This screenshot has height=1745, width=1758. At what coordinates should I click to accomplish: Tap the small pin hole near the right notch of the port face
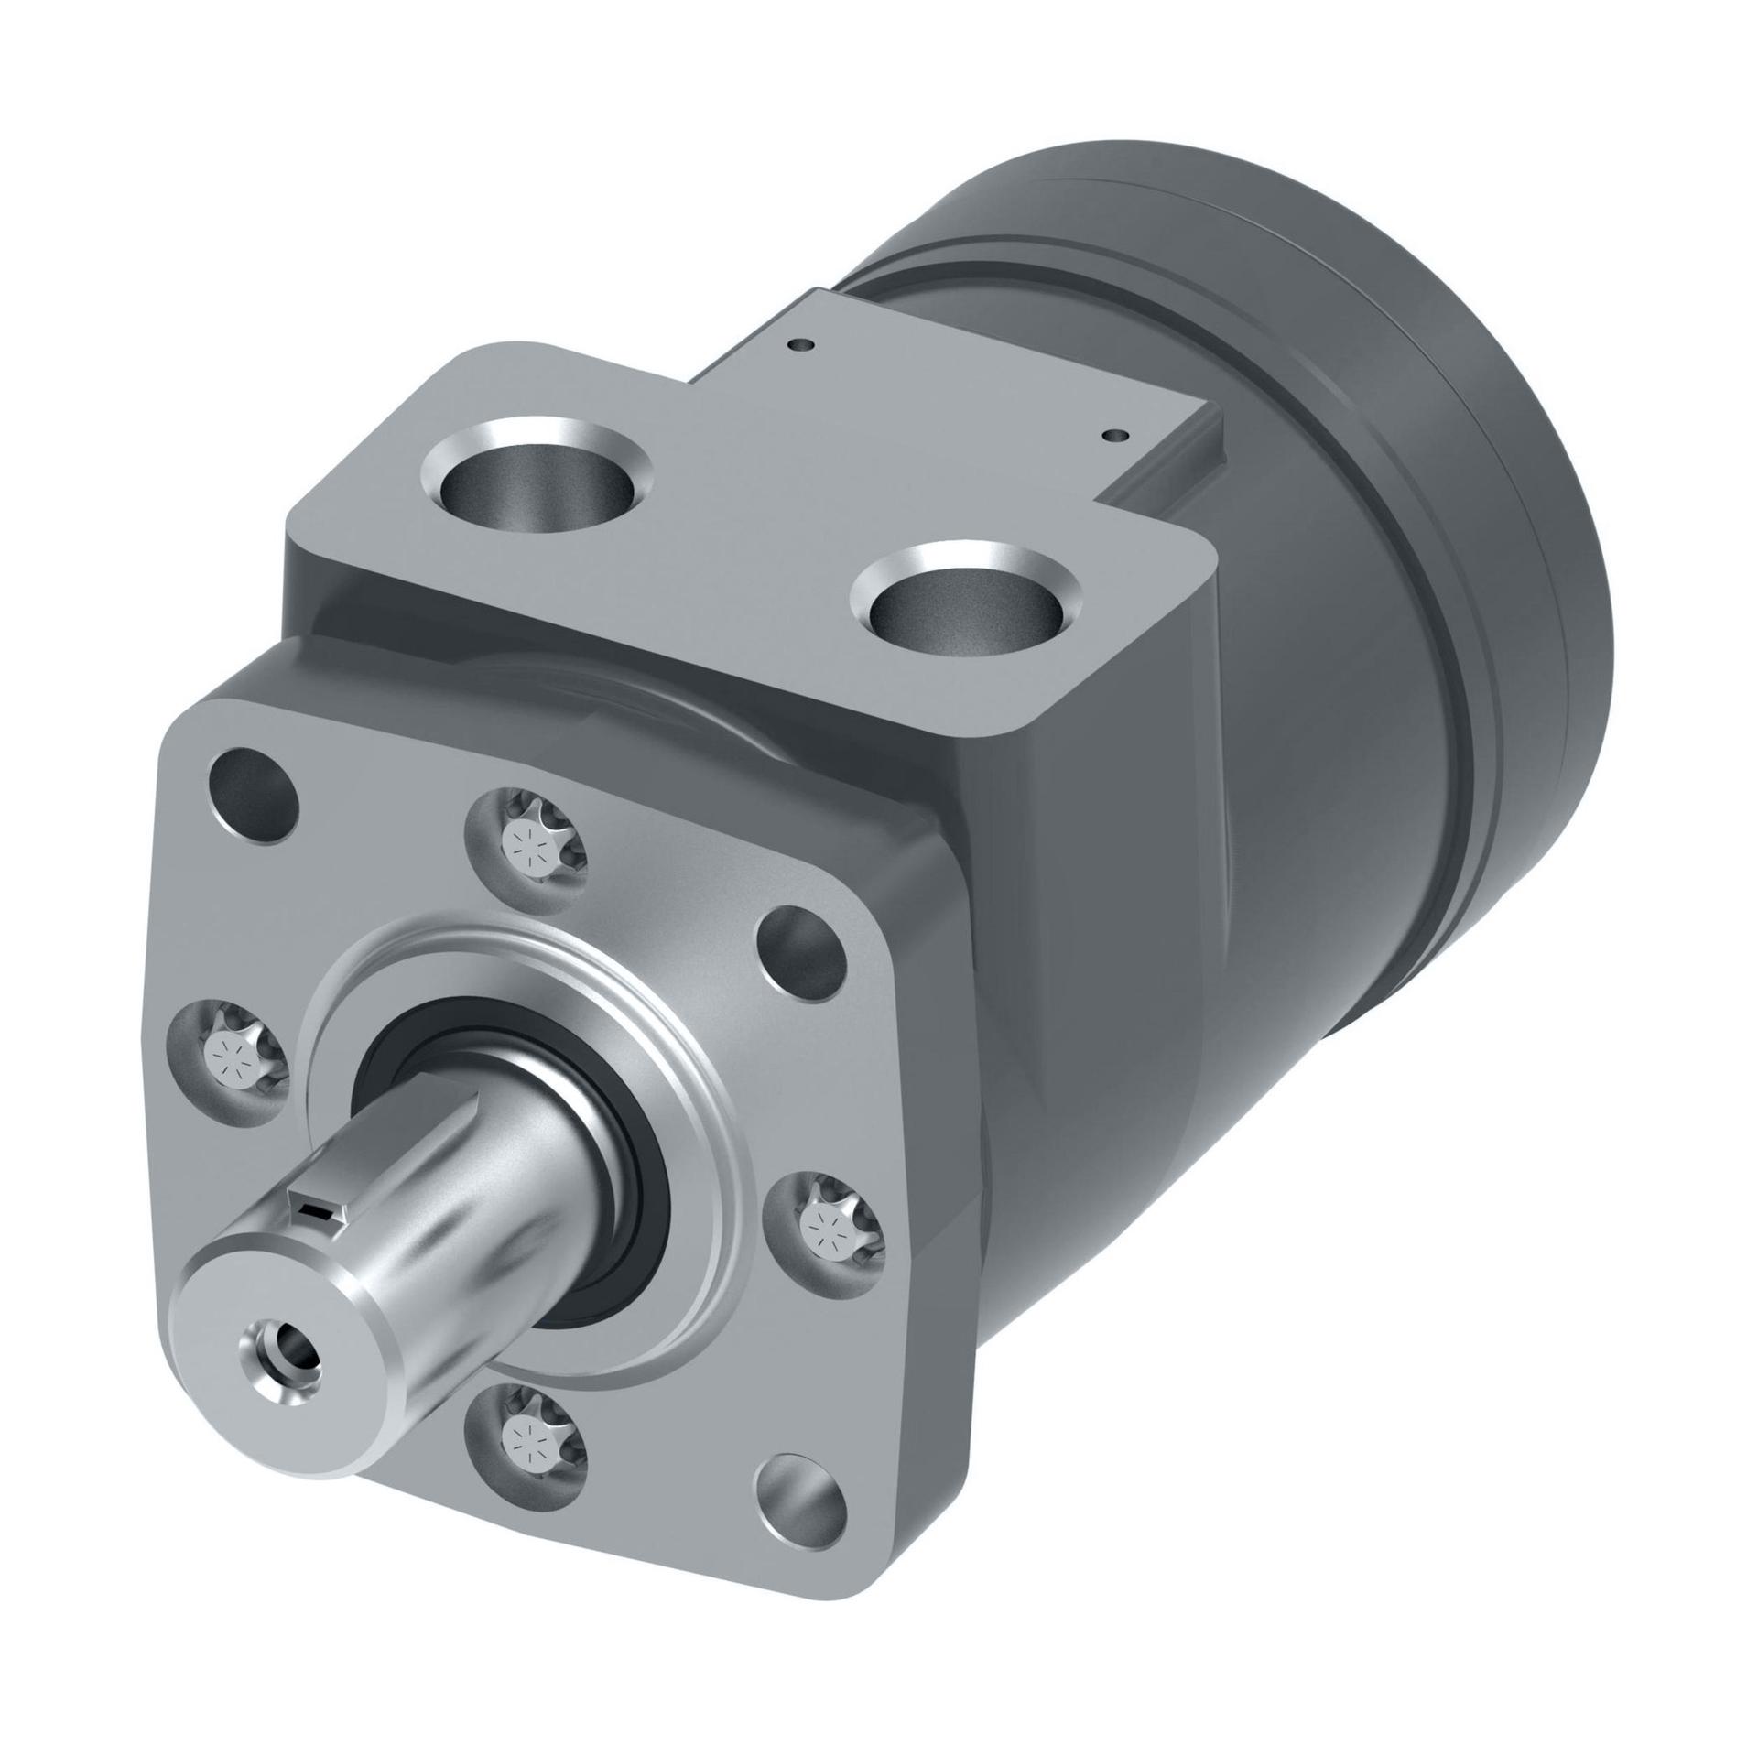pos(1114,436)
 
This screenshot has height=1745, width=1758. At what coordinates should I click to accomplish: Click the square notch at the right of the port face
pos(1172,476)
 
